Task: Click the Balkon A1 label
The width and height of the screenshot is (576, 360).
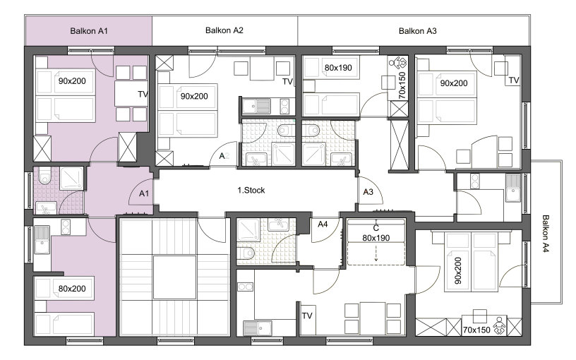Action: (x=89, y=31)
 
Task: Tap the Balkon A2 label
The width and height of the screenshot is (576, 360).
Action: (x=224, y=30)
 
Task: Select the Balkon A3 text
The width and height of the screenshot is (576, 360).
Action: (x=418, y=31)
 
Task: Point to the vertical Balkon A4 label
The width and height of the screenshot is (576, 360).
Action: (x=545, y=234)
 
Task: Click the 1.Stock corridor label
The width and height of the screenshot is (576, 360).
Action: (x=251, y=191)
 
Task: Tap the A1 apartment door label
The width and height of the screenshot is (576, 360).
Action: (x=144, y=193)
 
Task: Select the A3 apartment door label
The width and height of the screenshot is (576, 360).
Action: (x=368, y=192)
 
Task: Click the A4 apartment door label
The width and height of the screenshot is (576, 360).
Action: (x=323, y=224)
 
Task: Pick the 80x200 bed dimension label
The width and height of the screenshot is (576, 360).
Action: (x=72, y=289)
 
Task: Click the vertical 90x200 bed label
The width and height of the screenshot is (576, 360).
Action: (x=457, y=271)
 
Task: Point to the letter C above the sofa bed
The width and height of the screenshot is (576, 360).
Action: (x=376, y=228)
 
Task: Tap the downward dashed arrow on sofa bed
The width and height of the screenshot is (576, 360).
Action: (x=376, y=253)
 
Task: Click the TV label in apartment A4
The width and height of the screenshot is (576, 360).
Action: (x=307, y=316)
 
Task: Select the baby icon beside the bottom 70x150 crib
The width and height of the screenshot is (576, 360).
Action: (x=499, y=326)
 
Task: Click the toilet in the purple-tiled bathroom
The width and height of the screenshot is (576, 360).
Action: (x=44, y=176)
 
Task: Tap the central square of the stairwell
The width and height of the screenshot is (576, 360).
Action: (x=174, y=277)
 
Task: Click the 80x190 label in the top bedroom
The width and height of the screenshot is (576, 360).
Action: (x=338, y=68)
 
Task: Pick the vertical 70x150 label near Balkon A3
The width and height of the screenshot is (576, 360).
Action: (x=402, y=85)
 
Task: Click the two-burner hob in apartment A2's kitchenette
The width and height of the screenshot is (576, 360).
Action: (x=284, y=107)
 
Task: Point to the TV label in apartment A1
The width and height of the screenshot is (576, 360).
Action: (x=143, y=95)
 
